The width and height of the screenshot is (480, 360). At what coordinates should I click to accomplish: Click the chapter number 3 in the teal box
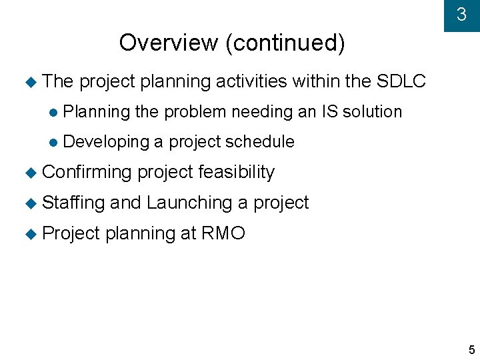tap(461, 15)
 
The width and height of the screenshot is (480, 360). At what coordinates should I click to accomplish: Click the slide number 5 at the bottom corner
tap(471, 350)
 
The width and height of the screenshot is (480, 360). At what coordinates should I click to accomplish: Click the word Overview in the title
tap(169, 43)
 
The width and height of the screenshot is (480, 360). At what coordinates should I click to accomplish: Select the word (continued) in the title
tap(285, 43)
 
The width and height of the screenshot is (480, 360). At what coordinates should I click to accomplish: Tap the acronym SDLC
tap(401, 81)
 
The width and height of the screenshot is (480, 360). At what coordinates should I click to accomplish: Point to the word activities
tap(251, 81)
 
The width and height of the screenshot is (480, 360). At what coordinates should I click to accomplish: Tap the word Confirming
tap(87, 172)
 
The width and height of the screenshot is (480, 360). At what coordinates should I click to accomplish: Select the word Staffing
tap(73, 203)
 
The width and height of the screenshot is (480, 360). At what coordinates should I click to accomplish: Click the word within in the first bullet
tap(317, 81)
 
